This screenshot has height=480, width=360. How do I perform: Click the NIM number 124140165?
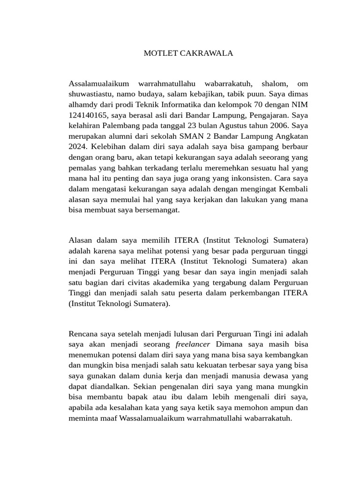pos(88,115)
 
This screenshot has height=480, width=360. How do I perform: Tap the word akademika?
pos(182,283)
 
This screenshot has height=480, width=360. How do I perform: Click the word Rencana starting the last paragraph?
pos(83,334)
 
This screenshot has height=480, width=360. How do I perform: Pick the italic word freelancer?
pos(193,345)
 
